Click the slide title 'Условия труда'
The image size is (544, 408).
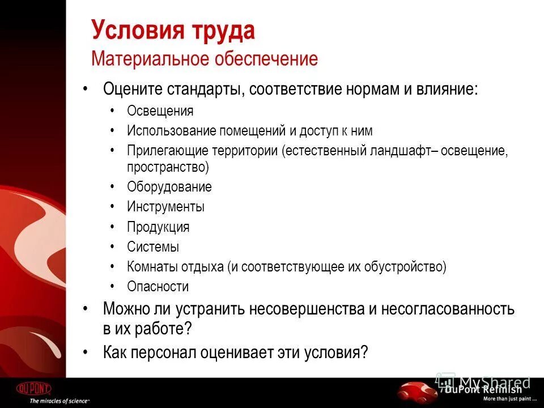click(x=173, y=31)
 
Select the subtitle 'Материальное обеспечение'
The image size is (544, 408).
click(x=205, y=59)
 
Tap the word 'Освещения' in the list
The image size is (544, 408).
click(x=160, y=111)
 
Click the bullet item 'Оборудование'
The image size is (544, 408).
click(x=169, y=187)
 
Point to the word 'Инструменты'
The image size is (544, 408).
click(x=165, y=207)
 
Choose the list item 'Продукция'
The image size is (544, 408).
click(x=158, y=227)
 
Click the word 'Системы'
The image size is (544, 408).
click(x=153, y=247)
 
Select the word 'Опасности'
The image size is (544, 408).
click(x=158, y=287)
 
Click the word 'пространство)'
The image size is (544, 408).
click(x=168, y=167)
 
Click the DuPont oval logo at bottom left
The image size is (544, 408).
click(x=33, y=389)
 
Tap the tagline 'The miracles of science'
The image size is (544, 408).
click(x=59, y=401)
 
